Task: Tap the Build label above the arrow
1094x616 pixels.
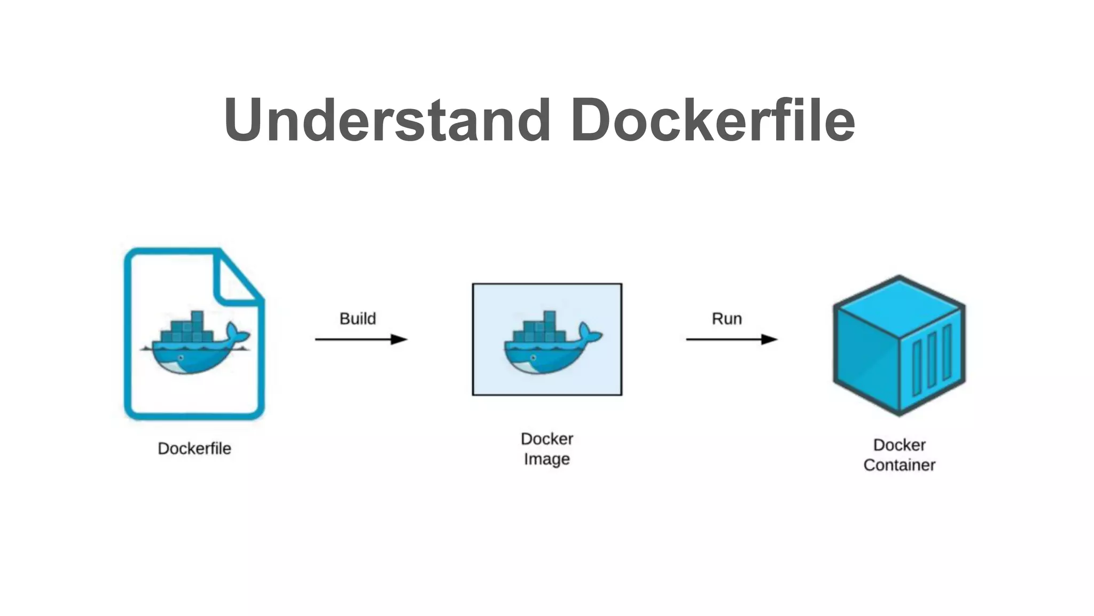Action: tap(357, 319)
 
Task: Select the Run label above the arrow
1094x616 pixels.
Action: tap(726, 319)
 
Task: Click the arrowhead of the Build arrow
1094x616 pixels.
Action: tap(399, 339)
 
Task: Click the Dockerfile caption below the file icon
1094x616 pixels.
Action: tap(194, 448)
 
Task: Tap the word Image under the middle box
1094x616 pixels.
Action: tap(546, 459)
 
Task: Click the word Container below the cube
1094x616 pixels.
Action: tap(899, 465)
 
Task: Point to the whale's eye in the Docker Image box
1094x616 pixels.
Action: tap(533, 358)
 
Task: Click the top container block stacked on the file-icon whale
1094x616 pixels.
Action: tap(197, 317)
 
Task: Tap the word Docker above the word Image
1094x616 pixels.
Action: tap(546, 439)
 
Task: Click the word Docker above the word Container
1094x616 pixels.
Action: tap(899, 445)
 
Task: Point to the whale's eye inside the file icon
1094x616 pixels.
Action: tap(181, 358)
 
